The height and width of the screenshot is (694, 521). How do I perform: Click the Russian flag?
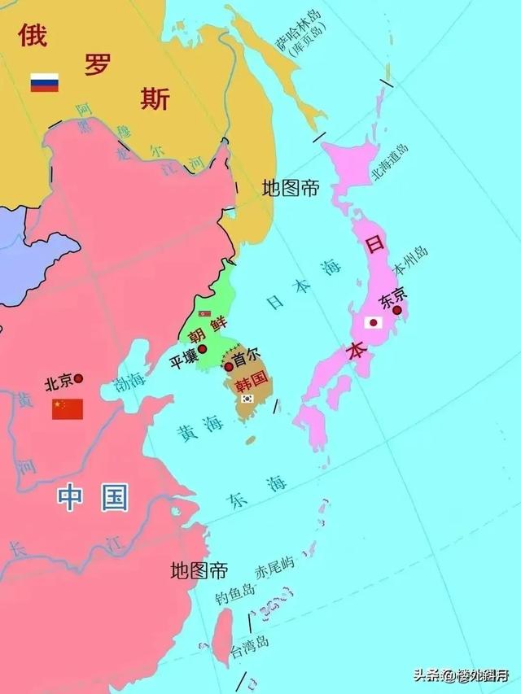point(45,83)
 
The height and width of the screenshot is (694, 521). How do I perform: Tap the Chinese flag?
point(68,409)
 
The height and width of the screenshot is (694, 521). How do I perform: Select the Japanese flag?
point(374,322)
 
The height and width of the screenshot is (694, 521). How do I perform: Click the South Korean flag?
point(247,399)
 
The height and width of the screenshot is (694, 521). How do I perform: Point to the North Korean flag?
point(204,312)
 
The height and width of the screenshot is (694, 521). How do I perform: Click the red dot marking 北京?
point(79,378)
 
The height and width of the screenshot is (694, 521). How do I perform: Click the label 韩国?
point(251,379)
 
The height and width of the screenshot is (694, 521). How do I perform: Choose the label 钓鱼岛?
point(235,596)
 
